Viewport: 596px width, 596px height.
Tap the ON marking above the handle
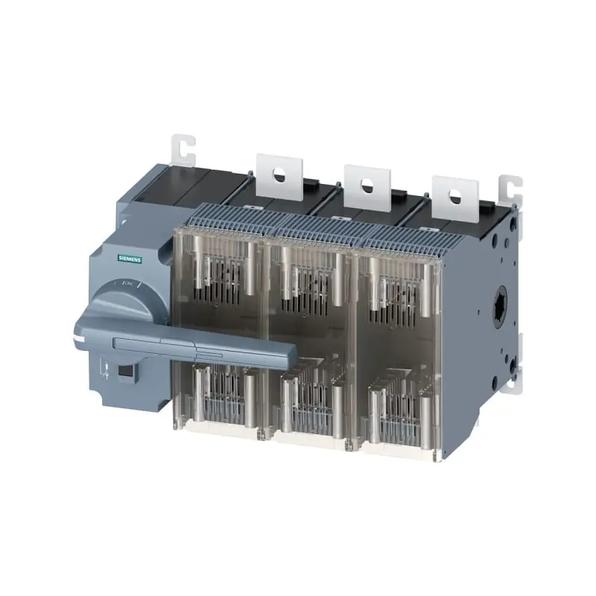(x=127, y=284)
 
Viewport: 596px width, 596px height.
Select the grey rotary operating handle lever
(x=186, y=343)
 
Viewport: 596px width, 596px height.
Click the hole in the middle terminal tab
(x=367, y=186)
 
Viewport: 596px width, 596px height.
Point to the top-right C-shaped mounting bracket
(x=511, y=191)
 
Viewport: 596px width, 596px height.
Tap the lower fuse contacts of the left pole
(x=220, y=395)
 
